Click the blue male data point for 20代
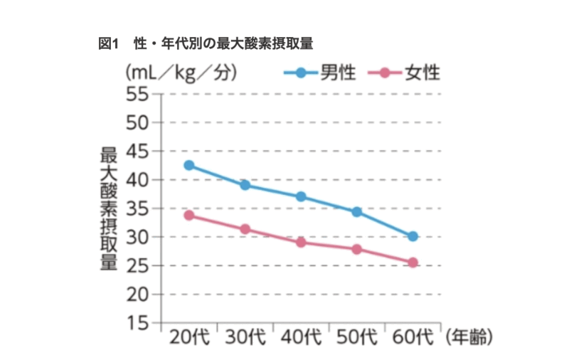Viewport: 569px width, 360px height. (x=188, y=165)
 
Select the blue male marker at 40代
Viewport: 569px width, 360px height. (x=301, y=196)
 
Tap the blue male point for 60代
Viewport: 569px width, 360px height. (x=413, y=236)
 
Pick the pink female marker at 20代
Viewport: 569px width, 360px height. (x=189, y=215)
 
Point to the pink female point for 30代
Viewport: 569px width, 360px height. (x=245, y=229)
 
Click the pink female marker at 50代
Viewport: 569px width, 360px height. (x=356, y=249)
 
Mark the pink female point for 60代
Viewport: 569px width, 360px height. (x=413, y=263)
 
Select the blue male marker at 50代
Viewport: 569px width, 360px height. (x=356, y=211)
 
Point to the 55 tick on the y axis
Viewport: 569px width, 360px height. (x=139, y=93)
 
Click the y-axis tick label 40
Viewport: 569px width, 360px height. (x=139, y=179)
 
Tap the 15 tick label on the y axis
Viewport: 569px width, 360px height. (x=139, y=323)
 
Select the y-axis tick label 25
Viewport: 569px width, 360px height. (x=139, y=265)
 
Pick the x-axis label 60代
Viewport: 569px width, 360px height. (x=413, y=337)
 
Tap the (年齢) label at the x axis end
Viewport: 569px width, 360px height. (x=468, y=337)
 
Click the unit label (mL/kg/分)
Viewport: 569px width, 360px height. (x=181, y=73)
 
